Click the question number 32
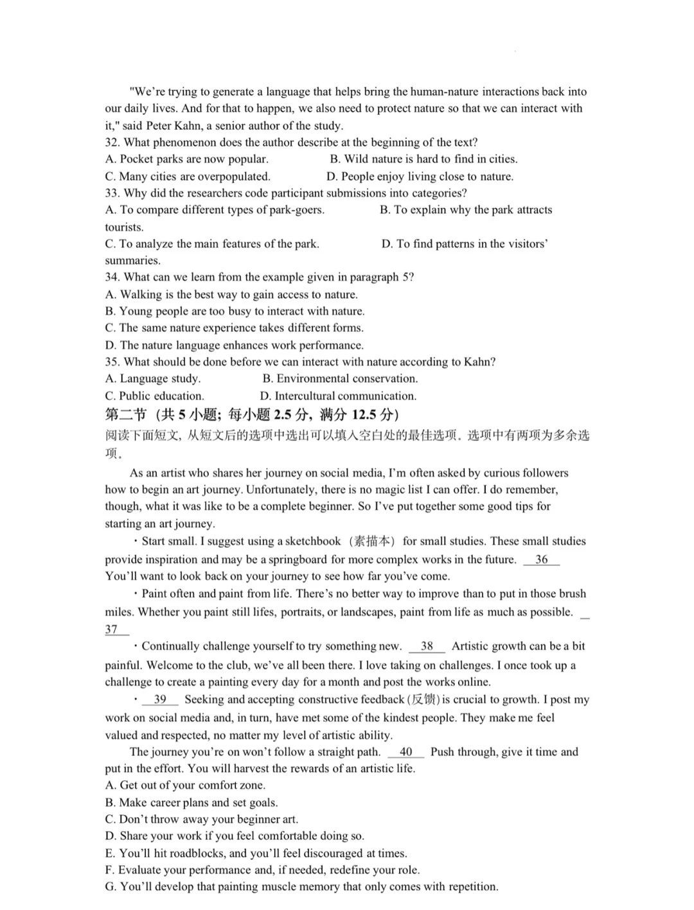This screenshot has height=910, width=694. pyautogui.click(x=112, y=143)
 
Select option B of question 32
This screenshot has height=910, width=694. pyautogui.click(x=423, y=159)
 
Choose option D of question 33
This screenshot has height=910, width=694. pyautogui.click(x=464, y=244)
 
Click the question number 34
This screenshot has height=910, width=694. pyautogui.click(x=112, y=277)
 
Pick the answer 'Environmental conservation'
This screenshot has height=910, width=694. pyautogui.click(x=340, y=379)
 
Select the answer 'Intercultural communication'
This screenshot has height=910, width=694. pyautogui.click(x=338, y=396)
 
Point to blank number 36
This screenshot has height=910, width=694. pyautogui.click(x=541, y=559)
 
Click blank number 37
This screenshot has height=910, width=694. pyautogui.click(x=112, y=629)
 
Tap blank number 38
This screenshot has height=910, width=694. pyautogui.click(x=427, y=647)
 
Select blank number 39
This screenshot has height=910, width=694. pyautogui.click(x=160, y=700)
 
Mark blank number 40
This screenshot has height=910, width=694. pyautogui.click(x=405, y=752)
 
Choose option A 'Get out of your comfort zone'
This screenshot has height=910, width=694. pyautogui.click(x=185, y=785)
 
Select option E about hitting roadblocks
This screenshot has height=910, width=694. pyautogui.click(x=256, y=853)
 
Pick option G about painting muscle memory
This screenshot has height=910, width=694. pyautogui.click(x=301, y=887)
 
